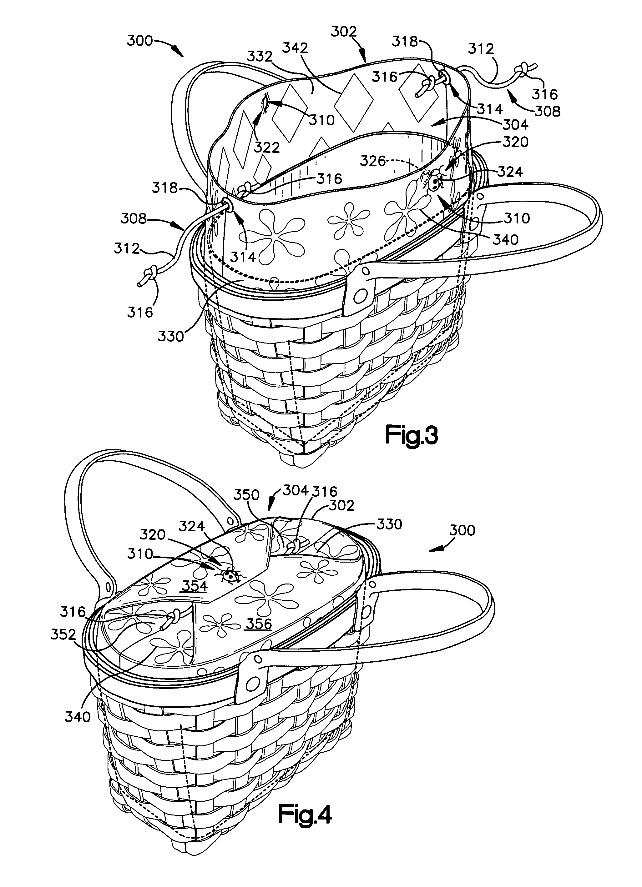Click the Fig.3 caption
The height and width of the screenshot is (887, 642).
pyautogui.click(x=412, y=435)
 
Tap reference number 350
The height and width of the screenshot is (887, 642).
pyautogui.click(x=246, y=495)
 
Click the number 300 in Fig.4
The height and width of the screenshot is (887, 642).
pyautogui.click(x=462, y=530)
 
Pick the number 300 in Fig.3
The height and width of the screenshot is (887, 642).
pyautogui.click(x=140, y=40)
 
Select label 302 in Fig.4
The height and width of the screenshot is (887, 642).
pyautogui.click(x=341, y=505)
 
